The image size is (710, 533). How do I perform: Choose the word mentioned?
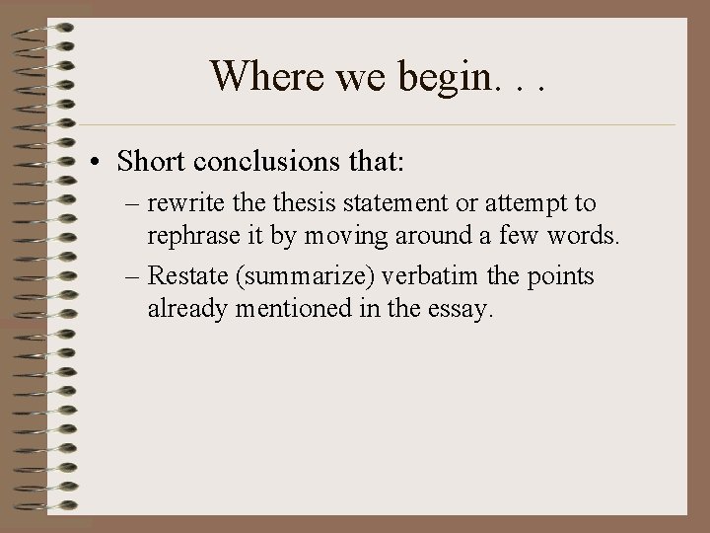point(286,309)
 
